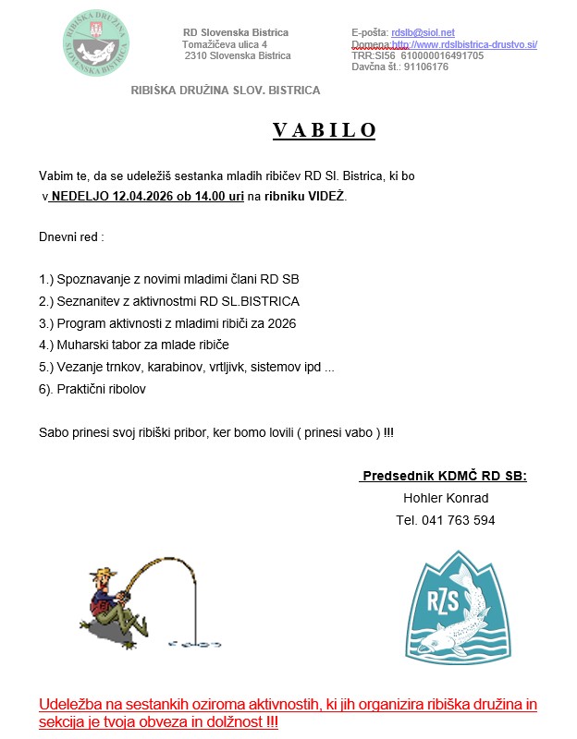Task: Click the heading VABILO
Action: pos(325,129)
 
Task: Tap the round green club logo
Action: pos(96,43)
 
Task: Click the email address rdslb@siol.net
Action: pos(423,32)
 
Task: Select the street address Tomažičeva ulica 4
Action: pos(225,44)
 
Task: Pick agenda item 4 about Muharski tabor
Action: pos(133,345)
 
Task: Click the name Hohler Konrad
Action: pos(445,498)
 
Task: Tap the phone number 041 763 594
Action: pos(445,520)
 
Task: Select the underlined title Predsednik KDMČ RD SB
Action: pos(444,476)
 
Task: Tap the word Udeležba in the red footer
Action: pos(71,706)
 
